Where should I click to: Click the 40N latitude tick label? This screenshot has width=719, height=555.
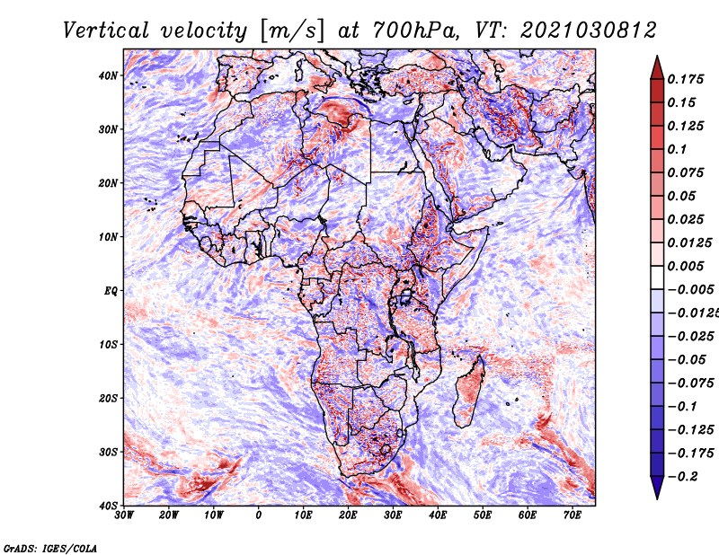point(108,75)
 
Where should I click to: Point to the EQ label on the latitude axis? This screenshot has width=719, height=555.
point(111,291)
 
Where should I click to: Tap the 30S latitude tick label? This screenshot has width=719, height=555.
point(108,452)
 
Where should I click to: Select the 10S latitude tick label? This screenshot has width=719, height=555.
point(108,345)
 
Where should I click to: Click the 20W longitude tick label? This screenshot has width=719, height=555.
point(168,515)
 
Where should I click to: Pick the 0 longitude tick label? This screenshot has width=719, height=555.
point(259,515)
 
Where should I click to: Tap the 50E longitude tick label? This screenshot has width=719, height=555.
point(483,515)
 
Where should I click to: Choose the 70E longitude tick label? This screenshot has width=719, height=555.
point(572,515)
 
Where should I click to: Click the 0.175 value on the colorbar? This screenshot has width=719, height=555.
point(685,80)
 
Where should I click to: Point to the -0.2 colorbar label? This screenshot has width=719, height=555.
point(682,477)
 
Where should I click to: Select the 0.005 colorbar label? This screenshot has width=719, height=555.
point(685,266)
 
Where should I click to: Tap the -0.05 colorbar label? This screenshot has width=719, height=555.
point(687,360)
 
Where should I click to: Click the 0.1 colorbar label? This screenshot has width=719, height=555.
point(677,149)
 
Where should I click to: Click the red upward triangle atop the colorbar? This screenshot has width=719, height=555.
point(657,67)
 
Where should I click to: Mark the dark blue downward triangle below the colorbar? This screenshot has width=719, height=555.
point(657,488)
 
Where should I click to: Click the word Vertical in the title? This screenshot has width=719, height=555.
point(105,31)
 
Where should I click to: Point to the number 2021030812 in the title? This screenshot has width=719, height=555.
point(589,31)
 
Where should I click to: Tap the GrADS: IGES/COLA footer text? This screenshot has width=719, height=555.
point(50,549)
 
